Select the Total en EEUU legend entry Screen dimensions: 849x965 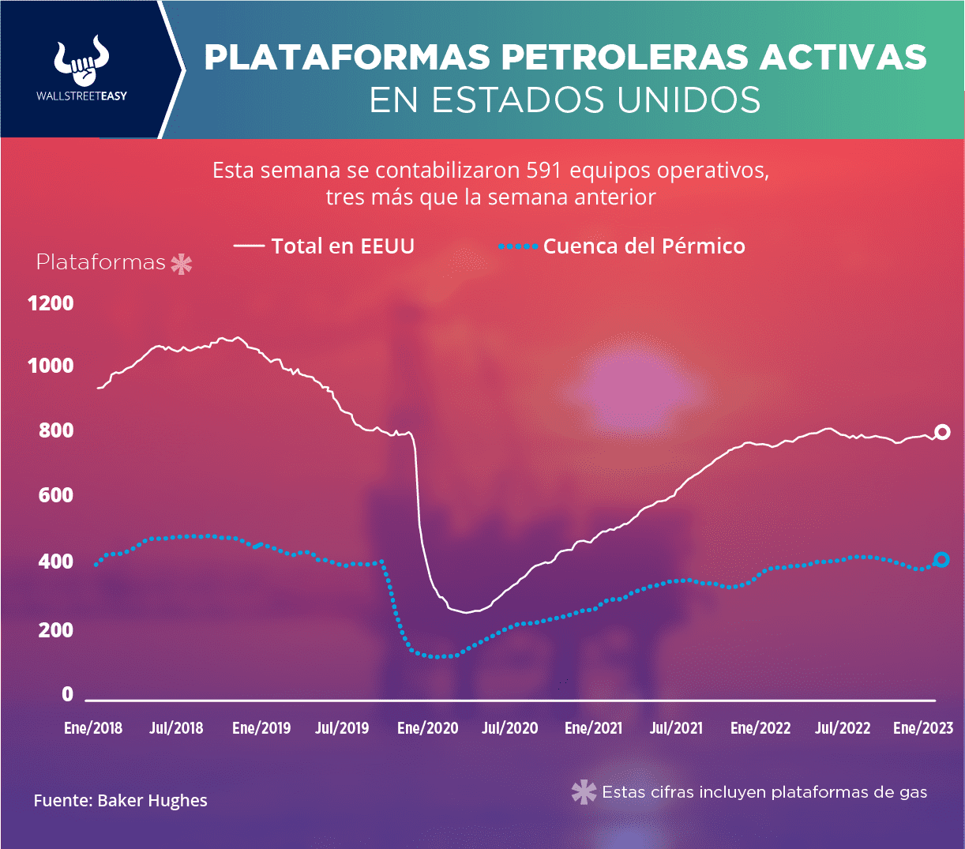342,246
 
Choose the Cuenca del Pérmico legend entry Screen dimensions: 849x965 643,246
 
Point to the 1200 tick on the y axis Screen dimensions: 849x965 51,303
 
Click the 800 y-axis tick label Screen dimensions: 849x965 56,430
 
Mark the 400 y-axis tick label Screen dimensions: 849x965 56,562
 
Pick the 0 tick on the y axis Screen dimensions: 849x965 67,694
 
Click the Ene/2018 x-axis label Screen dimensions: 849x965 93,728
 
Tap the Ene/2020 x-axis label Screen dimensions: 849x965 427,728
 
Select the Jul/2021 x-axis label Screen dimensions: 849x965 676,728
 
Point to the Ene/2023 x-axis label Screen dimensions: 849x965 922,728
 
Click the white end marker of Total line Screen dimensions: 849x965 942,432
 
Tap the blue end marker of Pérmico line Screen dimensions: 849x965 941,560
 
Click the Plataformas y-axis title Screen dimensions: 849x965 101,262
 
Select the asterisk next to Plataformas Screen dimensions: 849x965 182,264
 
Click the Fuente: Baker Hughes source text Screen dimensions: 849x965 120,801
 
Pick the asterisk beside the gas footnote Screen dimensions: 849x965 584,792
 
